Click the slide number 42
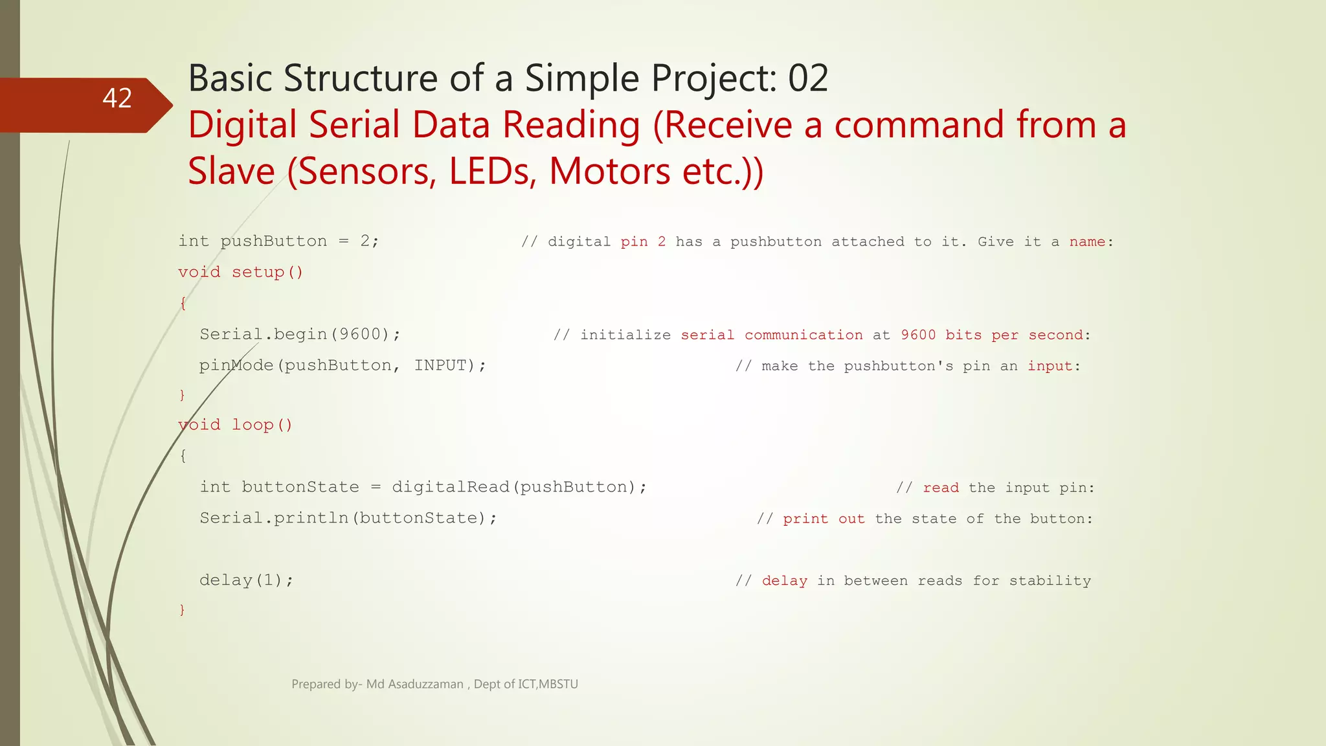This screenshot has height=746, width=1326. coord(117,98)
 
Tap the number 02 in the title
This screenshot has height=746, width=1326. coord(807,78)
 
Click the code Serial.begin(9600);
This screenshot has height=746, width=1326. coord(300,334)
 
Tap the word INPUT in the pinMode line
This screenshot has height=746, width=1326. coord(440,365)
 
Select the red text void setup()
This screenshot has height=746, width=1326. coord(240,272)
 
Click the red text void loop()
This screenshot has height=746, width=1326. coord(235,425)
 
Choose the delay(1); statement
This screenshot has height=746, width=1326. coord(246,580)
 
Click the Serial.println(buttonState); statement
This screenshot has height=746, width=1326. coord(348,518)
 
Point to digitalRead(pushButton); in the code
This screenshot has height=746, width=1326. coord(519,487)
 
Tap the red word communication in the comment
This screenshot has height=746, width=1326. coord(803,335)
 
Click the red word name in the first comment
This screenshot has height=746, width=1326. coord(1087,242)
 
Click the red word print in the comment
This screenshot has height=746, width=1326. coord(805,519)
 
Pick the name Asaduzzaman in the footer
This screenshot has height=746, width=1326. coord(425,684)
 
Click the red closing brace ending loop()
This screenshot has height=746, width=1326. coord(182,609)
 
